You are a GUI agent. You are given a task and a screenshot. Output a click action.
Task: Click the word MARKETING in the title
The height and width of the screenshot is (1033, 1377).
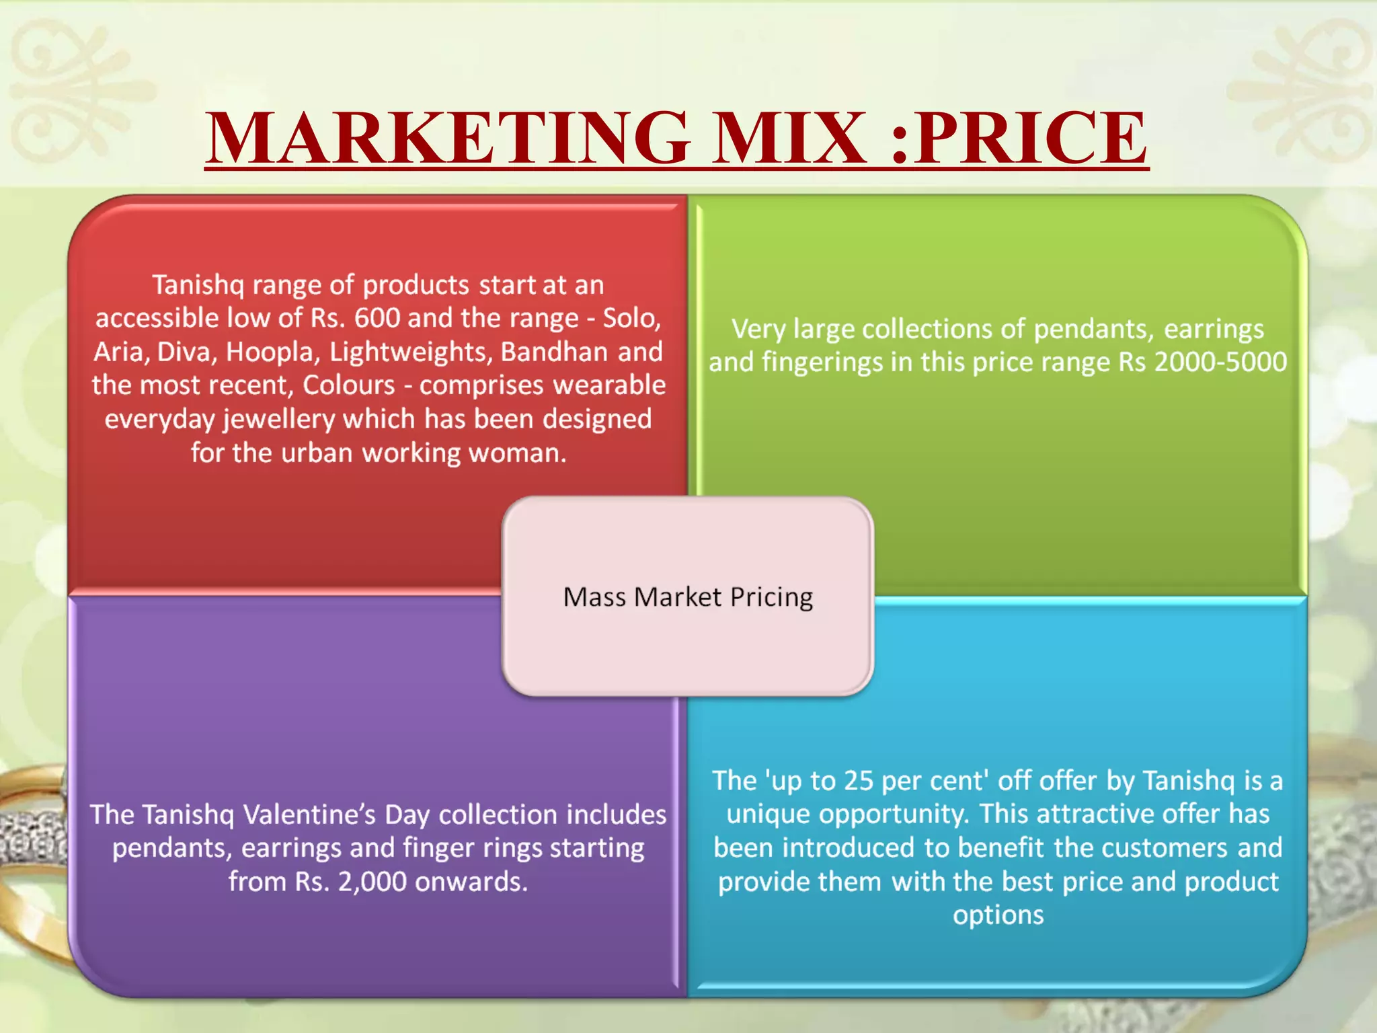point(448,138)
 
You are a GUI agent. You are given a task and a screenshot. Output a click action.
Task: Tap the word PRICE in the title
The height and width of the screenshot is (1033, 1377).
point(1032,138)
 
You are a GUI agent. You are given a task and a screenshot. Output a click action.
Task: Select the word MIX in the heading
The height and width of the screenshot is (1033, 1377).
point(789,138)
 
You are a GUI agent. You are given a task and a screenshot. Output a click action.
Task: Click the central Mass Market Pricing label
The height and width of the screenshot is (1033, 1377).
point(688,597)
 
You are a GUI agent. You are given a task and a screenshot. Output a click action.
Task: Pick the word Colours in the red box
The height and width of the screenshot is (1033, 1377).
point(348,385)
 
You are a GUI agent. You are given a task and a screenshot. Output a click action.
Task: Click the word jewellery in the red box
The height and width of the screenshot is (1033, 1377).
point(279,420)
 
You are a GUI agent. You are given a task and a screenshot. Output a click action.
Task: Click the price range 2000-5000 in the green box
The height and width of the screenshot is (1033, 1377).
point(1220,362)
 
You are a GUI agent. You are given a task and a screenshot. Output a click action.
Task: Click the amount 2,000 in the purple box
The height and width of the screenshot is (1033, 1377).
point(372,882)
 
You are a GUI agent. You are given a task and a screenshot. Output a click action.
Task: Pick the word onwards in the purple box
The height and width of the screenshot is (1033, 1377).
point(471,882)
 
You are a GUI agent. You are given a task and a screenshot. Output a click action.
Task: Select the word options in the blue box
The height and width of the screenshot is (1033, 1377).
point(998,916)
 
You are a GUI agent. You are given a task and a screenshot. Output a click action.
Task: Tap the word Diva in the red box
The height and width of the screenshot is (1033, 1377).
point(187,352)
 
